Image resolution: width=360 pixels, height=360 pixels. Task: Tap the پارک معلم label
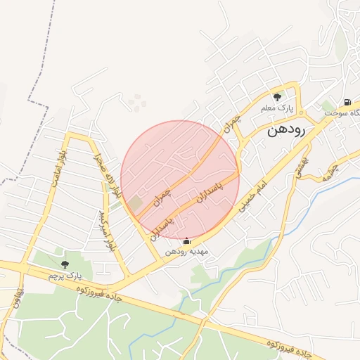coord(276,108)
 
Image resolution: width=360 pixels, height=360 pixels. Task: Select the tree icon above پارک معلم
coord(277,97)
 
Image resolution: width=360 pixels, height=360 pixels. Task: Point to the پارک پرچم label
coord(65,276)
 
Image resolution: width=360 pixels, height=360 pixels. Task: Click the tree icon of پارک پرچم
coord(65,264)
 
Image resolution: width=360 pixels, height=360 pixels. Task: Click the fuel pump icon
coord(348,101)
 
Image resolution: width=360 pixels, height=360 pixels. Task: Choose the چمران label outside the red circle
coord(233,125)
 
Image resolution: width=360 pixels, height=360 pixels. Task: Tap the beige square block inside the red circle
coord(134,203)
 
